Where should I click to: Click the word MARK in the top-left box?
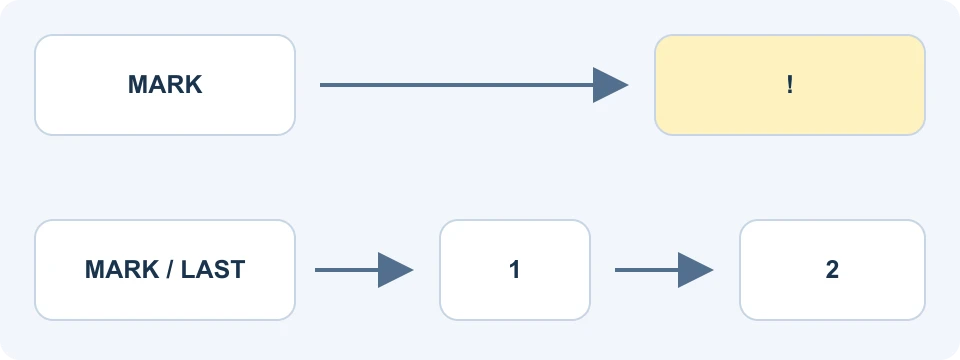point(165,84)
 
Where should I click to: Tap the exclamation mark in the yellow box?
point(790,84)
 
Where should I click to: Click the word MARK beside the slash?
point(122,269)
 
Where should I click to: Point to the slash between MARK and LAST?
point(170,269)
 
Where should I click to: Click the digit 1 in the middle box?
point(514,269)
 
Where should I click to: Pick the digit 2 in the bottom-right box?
point(832,269)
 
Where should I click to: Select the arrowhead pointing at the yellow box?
point(610,85)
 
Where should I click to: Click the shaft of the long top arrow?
point(457,85)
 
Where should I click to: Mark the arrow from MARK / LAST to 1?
point(364,270)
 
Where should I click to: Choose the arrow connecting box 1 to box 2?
point(664,270)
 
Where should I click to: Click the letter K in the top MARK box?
point(193,84)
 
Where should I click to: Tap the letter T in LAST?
point(238,269)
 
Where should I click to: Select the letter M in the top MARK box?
point(138,84)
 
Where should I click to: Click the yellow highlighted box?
point(790,85)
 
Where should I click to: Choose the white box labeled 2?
point(832,270)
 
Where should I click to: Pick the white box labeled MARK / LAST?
point(165,270)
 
